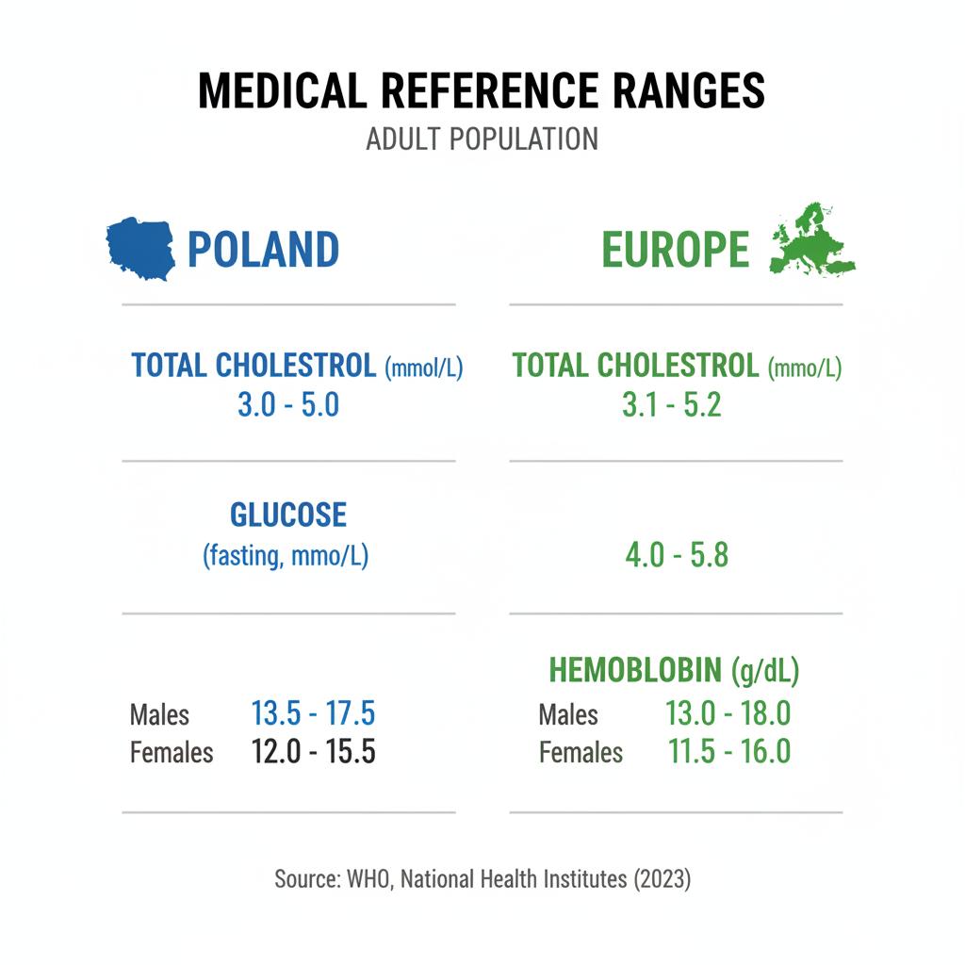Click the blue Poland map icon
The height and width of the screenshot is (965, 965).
coord(141,248)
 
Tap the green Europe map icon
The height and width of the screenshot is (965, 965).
coord(812,243)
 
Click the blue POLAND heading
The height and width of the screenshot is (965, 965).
coord(263,250)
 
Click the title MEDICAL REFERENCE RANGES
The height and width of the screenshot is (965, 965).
coord(482,91)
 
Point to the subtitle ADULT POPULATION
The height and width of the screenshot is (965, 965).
coord(482,139)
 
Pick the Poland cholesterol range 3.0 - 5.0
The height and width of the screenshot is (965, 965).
coord(287,405)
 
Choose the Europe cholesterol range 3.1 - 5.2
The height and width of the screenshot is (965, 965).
coord(672,405)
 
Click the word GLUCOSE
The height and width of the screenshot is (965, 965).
coord(288,515)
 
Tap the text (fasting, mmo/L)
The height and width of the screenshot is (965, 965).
coord(286,556)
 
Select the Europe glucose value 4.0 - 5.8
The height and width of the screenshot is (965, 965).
coord(677,555)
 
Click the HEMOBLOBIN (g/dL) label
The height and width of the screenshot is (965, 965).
coord(673,670)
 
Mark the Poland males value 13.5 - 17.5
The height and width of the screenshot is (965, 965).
coord(314,713)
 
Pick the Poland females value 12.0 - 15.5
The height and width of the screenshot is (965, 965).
coord(314,752)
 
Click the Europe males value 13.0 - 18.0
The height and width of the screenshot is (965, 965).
coord(728,713)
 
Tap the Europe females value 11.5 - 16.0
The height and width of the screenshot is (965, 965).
coord(728,751)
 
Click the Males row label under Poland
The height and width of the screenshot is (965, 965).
coord(159,715)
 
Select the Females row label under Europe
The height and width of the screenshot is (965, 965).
coord(581,753)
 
